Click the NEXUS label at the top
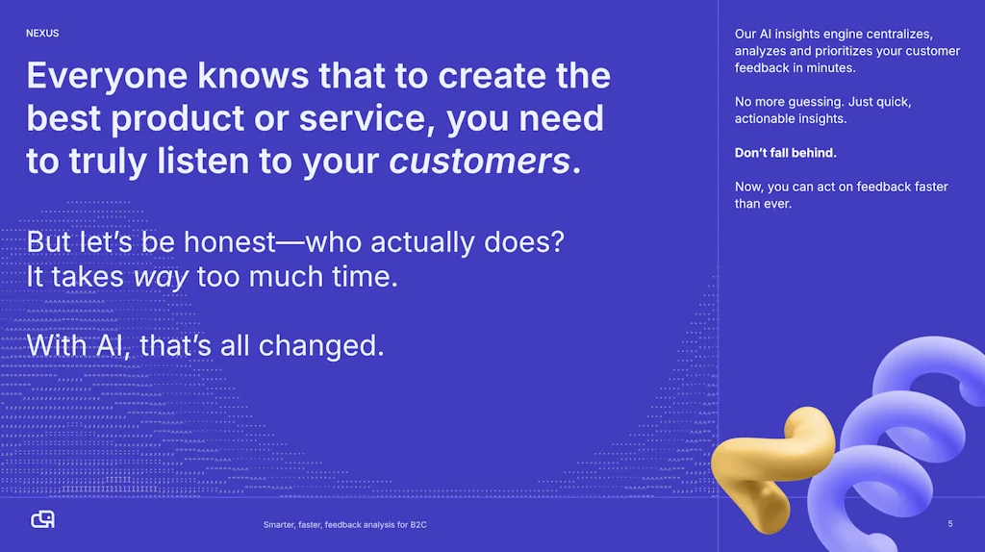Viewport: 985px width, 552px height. click(42, 34)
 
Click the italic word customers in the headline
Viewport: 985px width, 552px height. click(479, 161)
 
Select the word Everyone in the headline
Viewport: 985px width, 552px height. click(107, 77)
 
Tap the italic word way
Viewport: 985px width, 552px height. click(161, 277)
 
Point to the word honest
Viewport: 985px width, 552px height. click(229, 241)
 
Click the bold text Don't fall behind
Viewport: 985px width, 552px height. click(785, 153)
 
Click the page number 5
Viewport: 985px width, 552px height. click(949, 524)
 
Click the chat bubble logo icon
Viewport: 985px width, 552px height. click(42, 519)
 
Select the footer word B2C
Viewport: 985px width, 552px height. click(418, 524)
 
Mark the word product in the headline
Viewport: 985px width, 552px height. click(177, 118)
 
